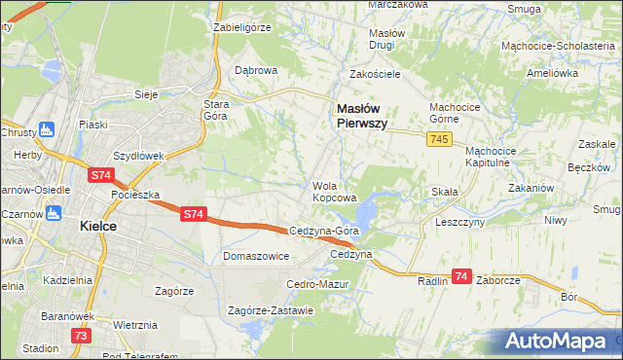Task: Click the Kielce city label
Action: (97, 226)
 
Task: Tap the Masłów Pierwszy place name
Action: (363, 117)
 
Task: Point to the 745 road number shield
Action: (437, 141)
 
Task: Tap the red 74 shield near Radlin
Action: (462, 277)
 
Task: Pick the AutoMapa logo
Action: (559, 341)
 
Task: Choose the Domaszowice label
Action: (256, 257)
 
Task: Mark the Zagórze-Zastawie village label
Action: (270, 311)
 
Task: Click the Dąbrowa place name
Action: (257, 71)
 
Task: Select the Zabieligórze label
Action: (241, 28)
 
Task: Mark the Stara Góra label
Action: (214, 110)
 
